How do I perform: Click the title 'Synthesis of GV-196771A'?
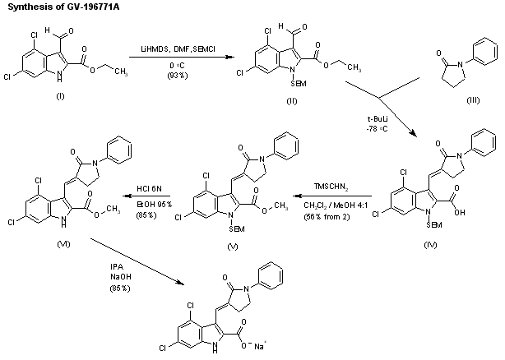click(x=51, y=7)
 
